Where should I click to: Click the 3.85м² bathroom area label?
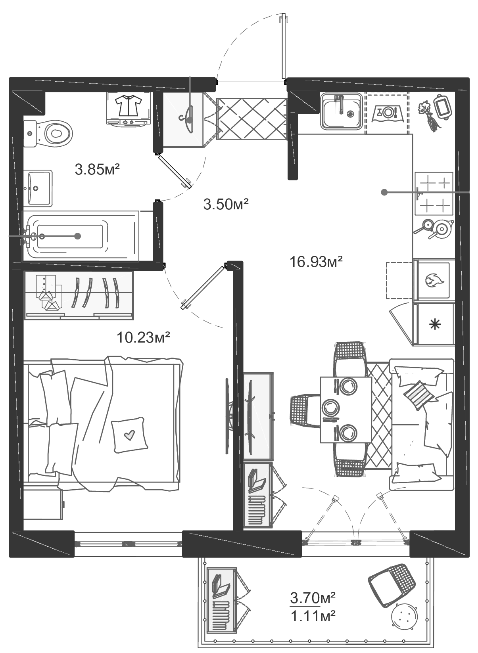pyautogui.click(x=97, y=170)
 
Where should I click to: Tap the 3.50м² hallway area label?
pyautogui.click(x=226, y=205)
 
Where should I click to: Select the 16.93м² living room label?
pyautogui.click(x=316, y=262)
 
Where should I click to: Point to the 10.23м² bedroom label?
pyautogui.click(x=143, y=337)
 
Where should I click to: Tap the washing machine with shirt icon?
pyautogui.click(x=128, y=108)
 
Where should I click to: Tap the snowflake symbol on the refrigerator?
pyautogui.click(x=436, y=324)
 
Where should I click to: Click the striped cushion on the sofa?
pyautogui.click(x=418, y=395)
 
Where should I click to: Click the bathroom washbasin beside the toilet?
pyautogui.click(x=38, y=188)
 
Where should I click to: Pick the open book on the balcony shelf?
pyautogui.click(x=221, y=586)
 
